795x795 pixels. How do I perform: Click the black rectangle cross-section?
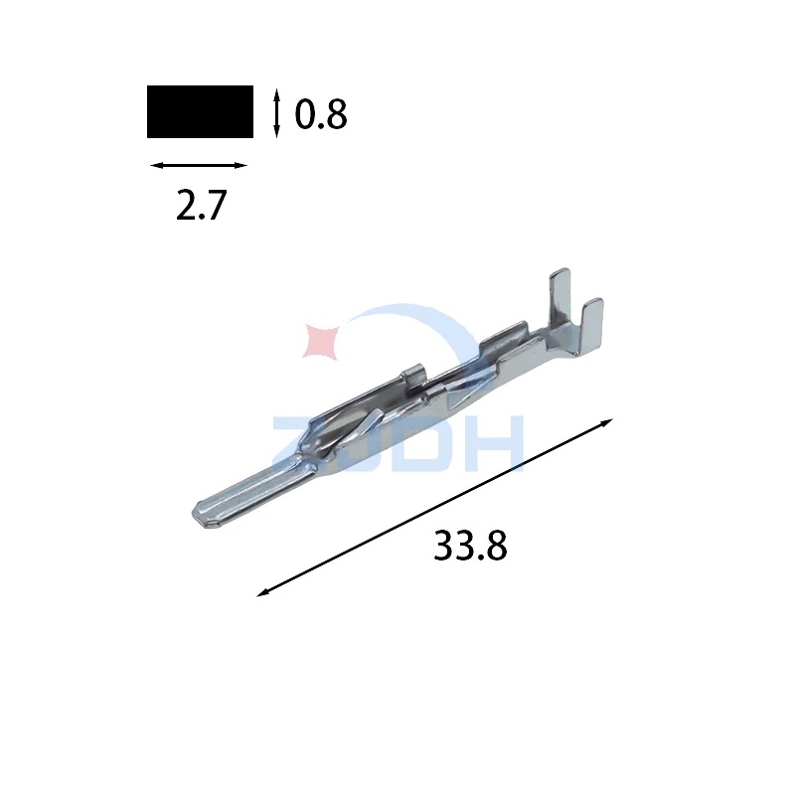tap(200, 111)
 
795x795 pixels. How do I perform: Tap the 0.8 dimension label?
tap(321, 114)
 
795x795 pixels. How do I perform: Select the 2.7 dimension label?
tap(201, 205)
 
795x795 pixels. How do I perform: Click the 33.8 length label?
tap(470, 545)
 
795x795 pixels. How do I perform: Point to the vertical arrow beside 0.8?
tap(276, 113)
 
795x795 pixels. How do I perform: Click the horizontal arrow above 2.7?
tap(199, 165)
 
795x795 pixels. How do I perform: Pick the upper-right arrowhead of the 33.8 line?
tap(606, 423)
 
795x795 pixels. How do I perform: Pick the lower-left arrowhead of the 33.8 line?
tap(263, 592)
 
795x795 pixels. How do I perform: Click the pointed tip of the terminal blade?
tap(194, 516)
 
